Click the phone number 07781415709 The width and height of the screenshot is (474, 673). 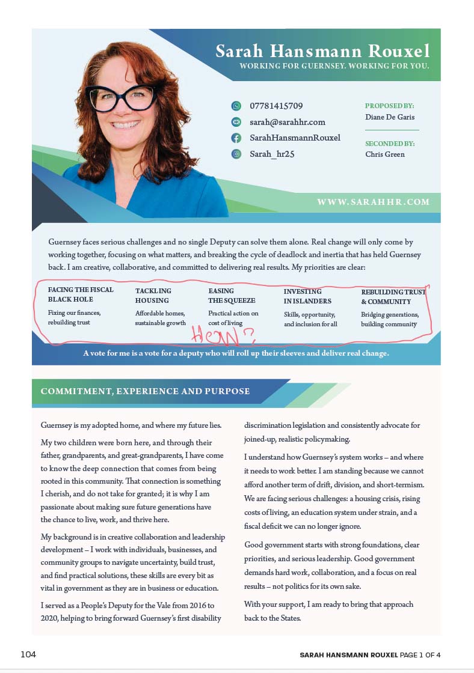coord(276,106)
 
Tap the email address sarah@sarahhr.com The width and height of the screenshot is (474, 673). coord(288,122)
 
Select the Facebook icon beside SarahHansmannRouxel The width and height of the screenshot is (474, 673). coord(236,138)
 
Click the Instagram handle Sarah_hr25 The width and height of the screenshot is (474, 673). coord(272,154)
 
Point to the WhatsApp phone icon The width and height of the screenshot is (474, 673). coord(236,106)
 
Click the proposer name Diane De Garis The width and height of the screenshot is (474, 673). coord(390,117)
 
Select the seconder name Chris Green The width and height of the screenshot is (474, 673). coord(385,154)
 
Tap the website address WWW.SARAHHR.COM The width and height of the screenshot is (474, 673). coord(373,202)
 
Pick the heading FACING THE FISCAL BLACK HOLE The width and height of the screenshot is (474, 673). coord(80,294)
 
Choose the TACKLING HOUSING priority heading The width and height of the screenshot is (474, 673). coord(152,296)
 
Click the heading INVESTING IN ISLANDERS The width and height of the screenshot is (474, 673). coord(307,296)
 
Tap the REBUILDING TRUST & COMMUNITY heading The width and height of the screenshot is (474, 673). coord(393,297)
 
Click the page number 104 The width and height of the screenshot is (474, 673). coord(28,654)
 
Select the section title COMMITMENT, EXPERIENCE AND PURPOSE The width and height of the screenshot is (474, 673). coord(145,391)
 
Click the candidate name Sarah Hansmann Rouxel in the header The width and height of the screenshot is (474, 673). coord(323,51)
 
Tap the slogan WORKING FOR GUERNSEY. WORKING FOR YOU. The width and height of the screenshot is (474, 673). coord(334,66)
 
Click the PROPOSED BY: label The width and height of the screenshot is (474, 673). coord(389,106)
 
